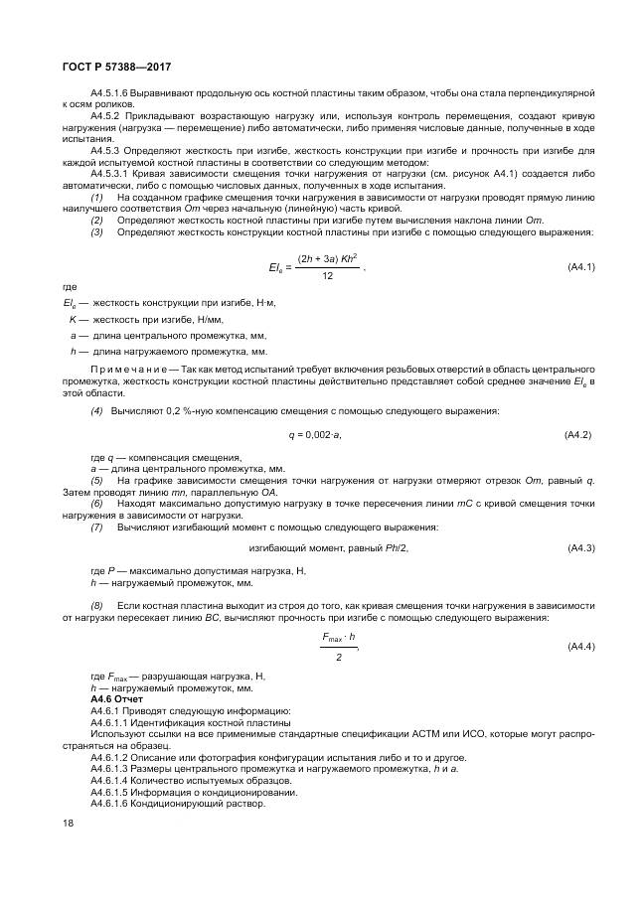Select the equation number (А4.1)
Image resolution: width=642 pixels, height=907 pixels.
pyautogui.click(x=579, y=267)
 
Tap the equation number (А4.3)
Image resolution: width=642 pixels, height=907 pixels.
pyautogui.click(x=579, y=548)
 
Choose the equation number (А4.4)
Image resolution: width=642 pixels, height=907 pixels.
pyautogui.click(x=579, y=646)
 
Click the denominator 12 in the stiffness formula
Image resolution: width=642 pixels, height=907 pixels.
pyautogui.click(x=327, y=277)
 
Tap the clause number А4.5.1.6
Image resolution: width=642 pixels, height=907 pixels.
pyautogui.click(x=111, y=92)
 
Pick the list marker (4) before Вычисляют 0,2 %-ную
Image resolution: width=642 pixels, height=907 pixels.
pyautogui.click(x=96, y=411)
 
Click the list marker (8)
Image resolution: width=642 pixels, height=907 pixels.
pyautogui.click(x=96, y=605)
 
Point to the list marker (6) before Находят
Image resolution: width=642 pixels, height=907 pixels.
pyautogui.click(x=96, y=504)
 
